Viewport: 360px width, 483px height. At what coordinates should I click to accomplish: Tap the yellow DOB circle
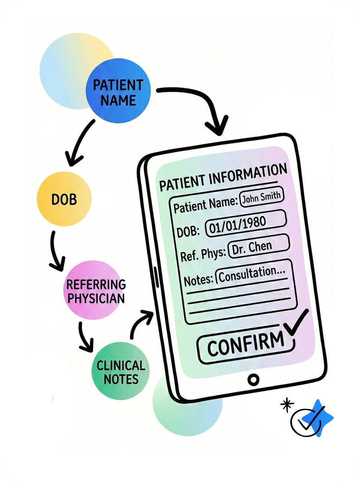click(x=64, y=199)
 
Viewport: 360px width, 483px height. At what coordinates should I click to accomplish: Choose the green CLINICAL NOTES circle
click(x=120, y=372)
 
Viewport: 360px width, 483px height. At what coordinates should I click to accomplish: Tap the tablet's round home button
click(x=253, y=380)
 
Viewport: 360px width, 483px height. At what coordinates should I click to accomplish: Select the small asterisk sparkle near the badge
click(x=287, y=404)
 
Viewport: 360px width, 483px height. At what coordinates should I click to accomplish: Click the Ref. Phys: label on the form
click(x=203, y=255)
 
